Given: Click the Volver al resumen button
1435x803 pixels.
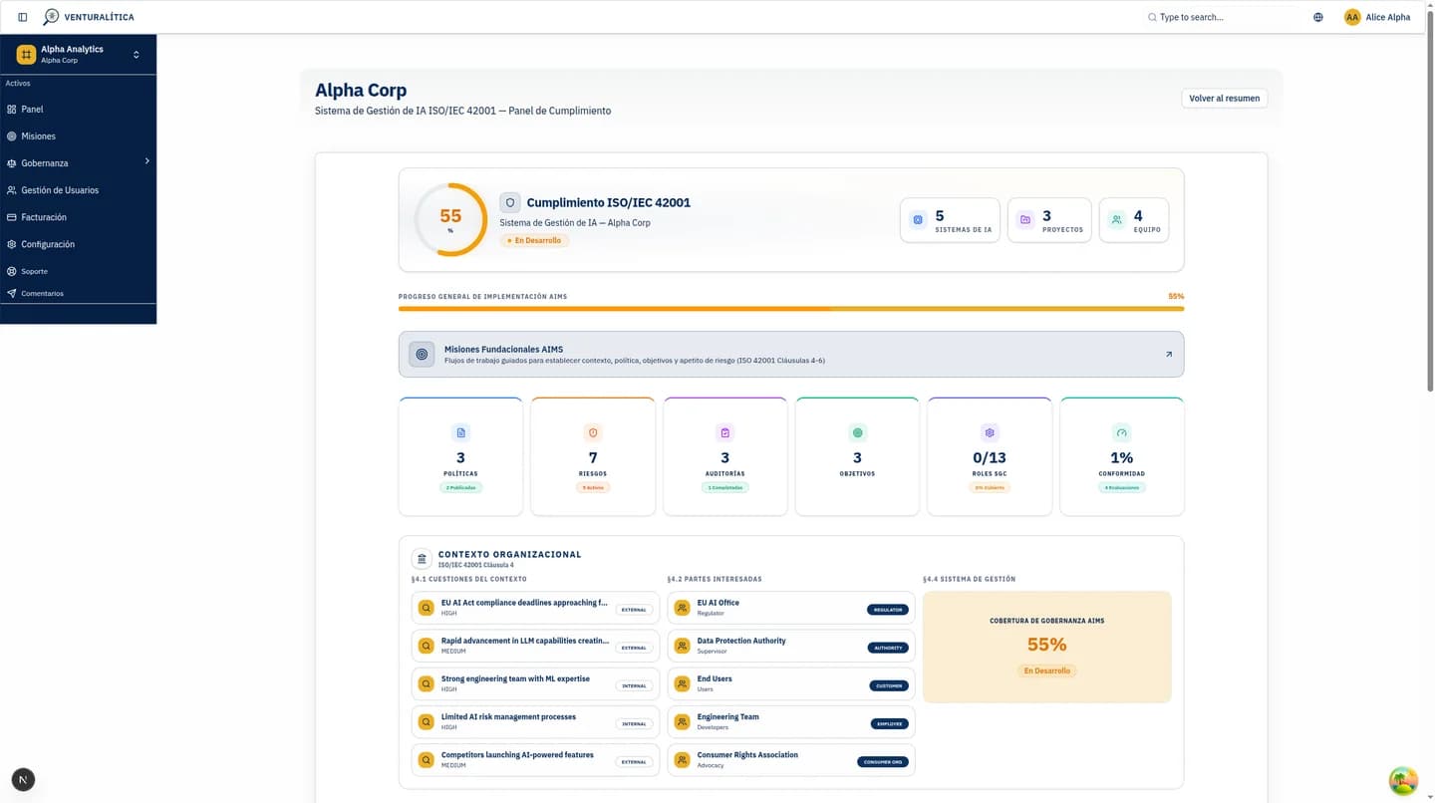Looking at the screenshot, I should pyautogui.click(x=1224, y=99).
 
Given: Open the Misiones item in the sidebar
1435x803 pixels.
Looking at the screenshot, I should pyautogui.click(x=38, y=136).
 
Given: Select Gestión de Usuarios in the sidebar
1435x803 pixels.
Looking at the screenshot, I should pyautogui.click(x=60, y=190).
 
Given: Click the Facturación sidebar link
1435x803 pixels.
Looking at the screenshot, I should pyautogui.click(x=44, y=217).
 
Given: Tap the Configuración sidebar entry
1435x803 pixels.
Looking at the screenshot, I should pyautogui.click(x=48, y=244).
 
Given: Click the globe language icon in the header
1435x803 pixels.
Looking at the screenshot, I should pyautogui.click(x=1318, y=17).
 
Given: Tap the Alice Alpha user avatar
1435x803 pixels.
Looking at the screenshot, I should pyautogui.click(x=1352, y=17).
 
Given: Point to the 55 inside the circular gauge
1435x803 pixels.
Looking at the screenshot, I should pyautogui.click(x=450, y=216).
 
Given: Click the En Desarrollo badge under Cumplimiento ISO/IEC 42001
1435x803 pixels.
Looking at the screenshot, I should pyautogui.click(x=534, y=240).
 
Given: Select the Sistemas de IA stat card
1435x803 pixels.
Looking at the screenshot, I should pyautogui.click(x=950, y=220).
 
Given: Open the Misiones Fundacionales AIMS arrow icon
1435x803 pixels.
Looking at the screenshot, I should pyautogui.click(x=1169, y=355).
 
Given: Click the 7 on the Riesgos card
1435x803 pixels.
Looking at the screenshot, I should pyautogui.click(x=593, y=457).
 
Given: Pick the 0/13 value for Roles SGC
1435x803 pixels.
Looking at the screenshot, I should pyautogui.click(x=990, y=457).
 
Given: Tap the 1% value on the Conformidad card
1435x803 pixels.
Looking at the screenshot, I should pyautogui.click(x=1122, y=457).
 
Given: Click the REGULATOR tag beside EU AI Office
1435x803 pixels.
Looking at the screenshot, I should pyautogui.click(x=887, y=610).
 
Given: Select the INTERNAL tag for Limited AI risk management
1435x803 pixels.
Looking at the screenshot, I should pyautogui.click(x=634, y=724).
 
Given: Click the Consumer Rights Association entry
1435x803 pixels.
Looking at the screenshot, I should pyautogui.click(x=747, y=755).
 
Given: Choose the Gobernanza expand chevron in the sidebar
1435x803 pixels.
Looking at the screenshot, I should pyautogui.click(x=146, y=161).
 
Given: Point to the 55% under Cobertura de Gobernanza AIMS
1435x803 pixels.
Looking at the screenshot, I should pyautogui.click(x=1046, y=645).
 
